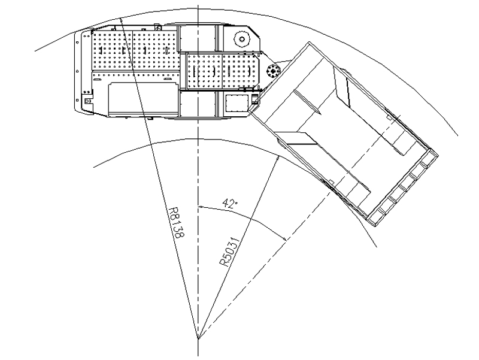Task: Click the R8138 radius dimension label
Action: [177, 223]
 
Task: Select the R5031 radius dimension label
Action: [230, 252]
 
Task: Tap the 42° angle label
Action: [230, 203]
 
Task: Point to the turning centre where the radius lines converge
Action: [198, 338]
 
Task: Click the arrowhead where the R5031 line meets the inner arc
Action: [277, 159]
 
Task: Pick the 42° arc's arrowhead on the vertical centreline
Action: [201, 207]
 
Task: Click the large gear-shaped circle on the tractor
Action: [242, 39]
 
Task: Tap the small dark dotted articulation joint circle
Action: [273, 71]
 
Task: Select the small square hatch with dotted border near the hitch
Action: [236, 103]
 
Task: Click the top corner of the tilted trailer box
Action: [309, 42]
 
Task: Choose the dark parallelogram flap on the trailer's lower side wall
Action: [296, 138]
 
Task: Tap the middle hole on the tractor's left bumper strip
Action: [77, 71]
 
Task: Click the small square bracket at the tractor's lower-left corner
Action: [87, 101]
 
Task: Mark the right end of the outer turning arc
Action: [457, 135]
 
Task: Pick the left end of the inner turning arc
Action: [93, 167]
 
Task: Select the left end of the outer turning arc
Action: [35, 51]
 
